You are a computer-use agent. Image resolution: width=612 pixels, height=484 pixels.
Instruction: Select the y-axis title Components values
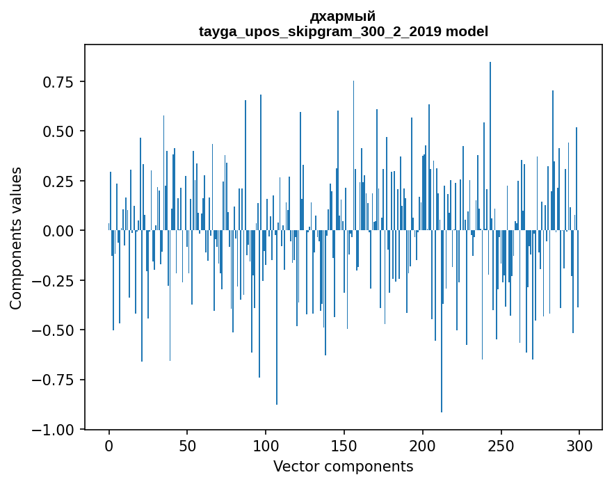16,238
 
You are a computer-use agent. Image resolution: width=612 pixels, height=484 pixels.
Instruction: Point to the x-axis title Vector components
343,467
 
